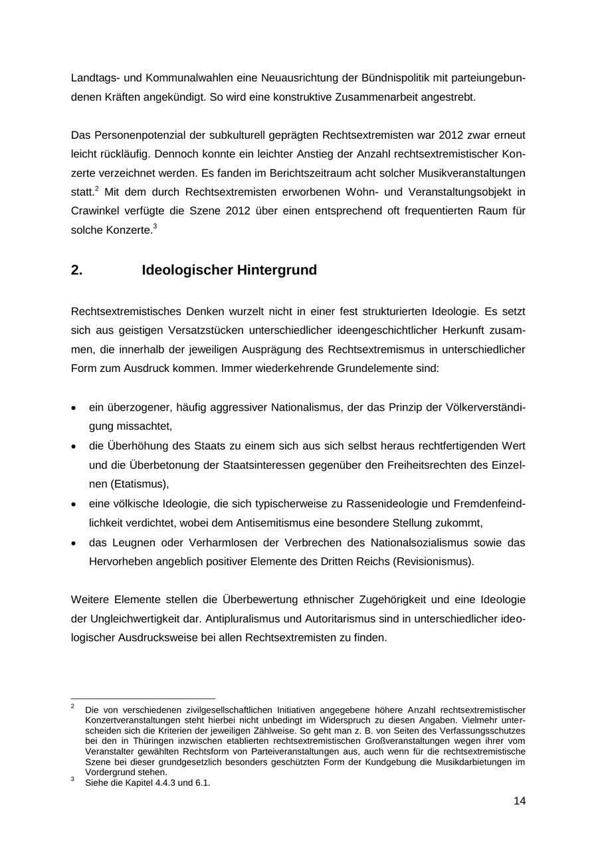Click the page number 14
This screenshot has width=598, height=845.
(x=519, y=800)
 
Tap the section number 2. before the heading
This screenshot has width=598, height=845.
(x=76, y=270)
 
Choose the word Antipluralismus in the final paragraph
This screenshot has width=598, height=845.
(x=245, y=618)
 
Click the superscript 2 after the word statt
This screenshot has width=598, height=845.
(x=96, y=189)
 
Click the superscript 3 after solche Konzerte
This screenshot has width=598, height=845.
(x=155, y=227)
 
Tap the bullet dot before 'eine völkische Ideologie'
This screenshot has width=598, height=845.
(x=74, y=504)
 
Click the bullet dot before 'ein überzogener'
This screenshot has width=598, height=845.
(x=74, y=408)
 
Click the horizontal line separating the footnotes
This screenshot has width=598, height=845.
(x=143, y=698)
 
